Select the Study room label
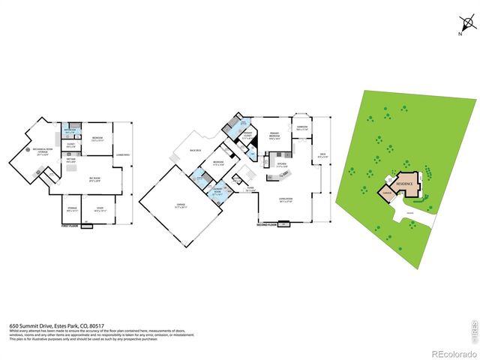tap(100, 208)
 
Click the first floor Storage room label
tap(72, 208)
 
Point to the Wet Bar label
tap(70, 160)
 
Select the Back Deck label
tap(197, 149)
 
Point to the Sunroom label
tap(303, 127)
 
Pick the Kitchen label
tap(282, 164)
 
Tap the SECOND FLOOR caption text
tap(267, 224)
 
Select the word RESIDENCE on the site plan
tap(405, 182)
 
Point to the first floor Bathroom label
tap(69, 129)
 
